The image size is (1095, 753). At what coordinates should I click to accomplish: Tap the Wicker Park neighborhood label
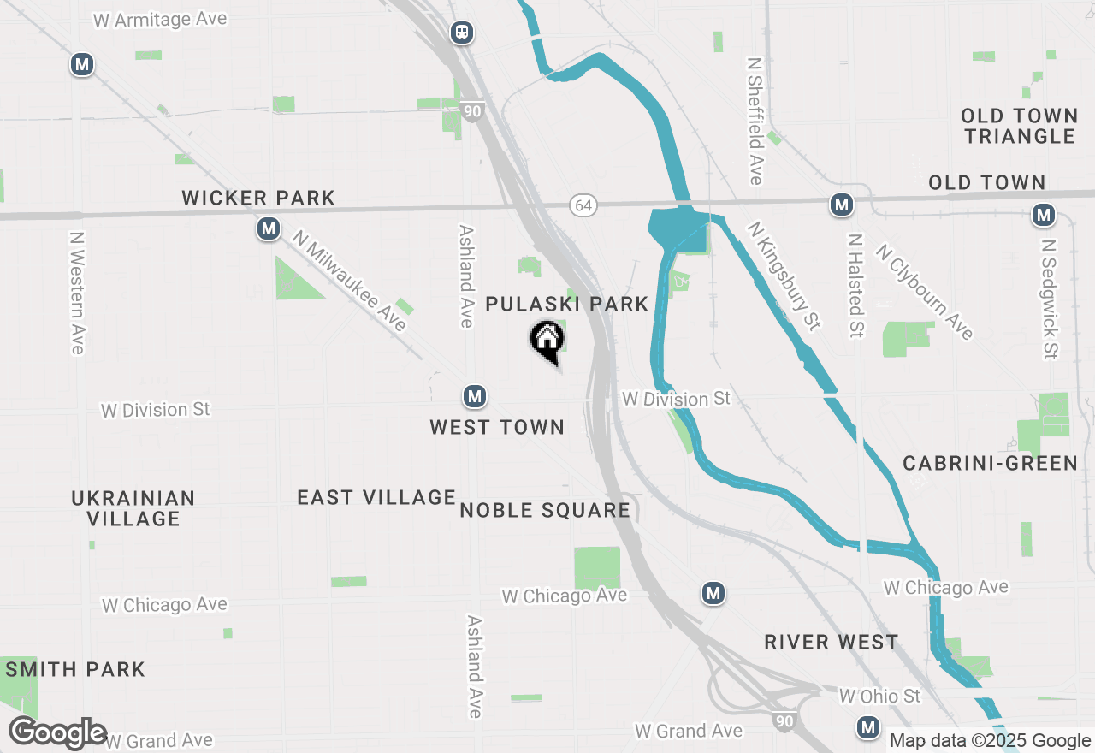click(258, 199)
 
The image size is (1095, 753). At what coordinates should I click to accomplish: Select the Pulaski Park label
click(567, 305)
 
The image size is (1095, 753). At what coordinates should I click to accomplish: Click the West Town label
click(497, 427)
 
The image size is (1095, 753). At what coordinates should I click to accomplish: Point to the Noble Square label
click(545, 511)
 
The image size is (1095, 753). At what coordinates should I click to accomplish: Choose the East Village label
click(376, 497)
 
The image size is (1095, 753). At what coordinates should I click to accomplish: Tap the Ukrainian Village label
click(133, 508)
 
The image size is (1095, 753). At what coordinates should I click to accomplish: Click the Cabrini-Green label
click(991, 464)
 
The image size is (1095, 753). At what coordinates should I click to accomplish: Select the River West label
click(832, 642)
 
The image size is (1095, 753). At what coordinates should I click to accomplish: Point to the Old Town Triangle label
click(1019, 126)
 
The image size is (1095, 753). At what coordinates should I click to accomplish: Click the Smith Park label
click(75, 669)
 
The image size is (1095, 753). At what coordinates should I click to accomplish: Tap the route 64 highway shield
click(583, 205)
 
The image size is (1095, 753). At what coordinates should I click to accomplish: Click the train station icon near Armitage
click(462, 33)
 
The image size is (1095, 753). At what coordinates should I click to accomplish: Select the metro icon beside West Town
click(475, 396)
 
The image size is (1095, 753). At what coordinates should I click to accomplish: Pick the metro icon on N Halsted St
click(842, 205)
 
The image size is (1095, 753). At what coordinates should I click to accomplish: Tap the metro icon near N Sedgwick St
click(1044, 215)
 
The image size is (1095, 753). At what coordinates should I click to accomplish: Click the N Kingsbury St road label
click(784, 276)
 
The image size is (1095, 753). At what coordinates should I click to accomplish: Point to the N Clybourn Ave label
click(925, 292)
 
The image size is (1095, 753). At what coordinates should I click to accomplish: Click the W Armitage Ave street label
click(160, 19)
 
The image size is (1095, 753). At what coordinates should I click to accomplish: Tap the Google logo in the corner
click(58, 733)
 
